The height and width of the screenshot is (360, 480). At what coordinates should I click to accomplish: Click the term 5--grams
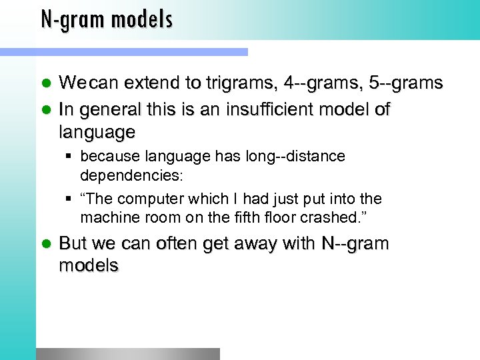[x=408, y=83]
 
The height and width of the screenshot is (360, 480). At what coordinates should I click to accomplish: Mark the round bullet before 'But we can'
[x=46, y=243]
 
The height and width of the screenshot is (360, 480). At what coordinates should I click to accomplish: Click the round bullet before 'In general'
[x=46, y=108]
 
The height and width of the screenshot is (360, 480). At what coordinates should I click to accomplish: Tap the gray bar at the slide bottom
[x=127, y=353]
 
